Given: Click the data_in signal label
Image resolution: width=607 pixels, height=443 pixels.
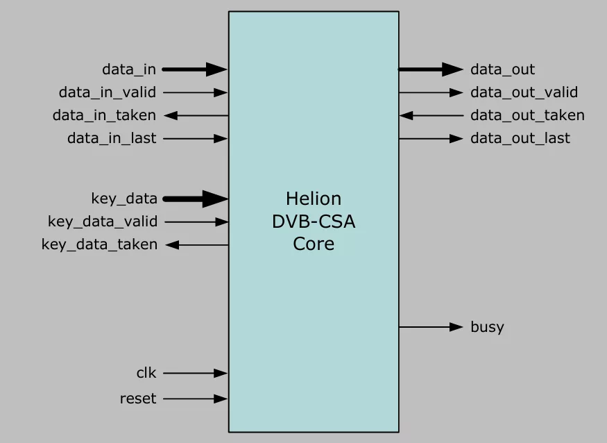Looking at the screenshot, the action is click(x=129, y=69).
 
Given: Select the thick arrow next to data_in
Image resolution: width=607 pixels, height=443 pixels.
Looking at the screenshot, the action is click(x=195, y=69).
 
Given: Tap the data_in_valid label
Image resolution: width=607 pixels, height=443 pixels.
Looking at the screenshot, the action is click(x=108, y=92).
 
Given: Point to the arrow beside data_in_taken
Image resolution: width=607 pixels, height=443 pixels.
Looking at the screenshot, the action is click(x=196, y=115).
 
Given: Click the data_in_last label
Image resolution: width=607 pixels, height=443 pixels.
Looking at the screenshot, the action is click(x=112, y=138).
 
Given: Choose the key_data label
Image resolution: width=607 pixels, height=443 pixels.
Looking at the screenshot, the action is click(x=124, y=199).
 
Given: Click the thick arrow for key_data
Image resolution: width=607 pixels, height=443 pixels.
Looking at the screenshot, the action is click(x=196, y=199).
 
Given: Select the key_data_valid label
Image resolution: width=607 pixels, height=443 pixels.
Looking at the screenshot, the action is click(x=103, y=221).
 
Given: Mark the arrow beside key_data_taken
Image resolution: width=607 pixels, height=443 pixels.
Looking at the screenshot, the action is click(x=197, y=245).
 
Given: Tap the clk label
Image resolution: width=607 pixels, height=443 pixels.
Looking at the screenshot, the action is click(x=146, y=373).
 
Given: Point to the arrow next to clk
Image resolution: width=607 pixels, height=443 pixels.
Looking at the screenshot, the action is click(x=196, y=374).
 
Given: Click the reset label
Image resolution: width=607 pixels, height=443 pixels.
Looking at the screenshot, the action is click(x=138, y=399).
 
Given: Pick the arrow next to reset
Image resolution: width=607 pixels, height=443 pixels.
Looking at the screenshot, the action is click(x=196, y=399).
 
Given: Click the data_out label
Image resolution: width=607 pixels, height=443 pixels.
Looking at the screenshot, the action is click(x=502, y=69).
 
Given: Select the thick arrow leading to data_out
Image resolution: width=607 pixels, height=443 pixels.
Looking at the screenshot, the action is click(x=431, y=69).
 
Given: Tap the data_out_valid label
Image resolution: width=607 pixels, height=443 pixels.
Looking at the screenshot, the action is click(x=524, y=92).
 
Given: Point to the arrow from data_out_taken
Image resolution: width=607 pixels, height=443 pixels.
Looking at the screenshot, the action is click(x=431, y=115).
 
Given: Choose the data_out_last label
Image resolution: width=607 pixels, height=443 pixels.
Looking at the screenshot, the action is click(x=520, y=138).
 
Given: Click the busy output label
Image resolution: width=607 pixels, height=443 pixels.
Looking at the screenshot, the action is click(x=488, y=327).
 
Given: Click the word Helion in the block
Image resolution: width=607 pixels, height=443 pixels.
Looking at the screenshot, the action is click(x=314, y=199).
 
